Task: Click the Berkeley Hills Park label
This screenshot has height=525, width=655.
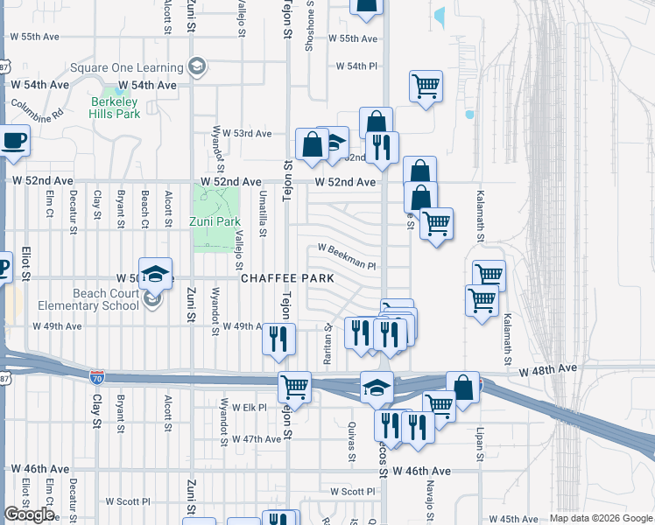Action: pos(116,108)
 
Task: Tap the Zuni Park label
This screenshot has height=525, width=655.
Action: pos(215,221)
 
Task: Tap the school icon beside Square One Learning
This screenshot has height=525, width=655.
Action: pos(197,66)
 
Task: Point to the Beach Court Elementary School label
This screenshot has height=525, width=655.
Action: pos(87,300)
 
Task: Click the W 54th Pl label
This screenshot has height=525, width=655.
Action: pos(356,66)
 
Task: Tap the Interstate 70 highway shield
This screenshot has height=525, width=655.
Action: pos(96,377)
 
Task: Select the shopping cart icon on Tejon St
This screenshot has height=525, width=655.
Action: pos(295,386)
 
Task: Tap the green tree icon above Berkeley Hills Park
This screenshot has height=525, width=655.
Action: pos(111,91)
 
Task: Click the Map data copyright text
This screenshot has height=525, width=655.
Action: pos(600,518)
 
